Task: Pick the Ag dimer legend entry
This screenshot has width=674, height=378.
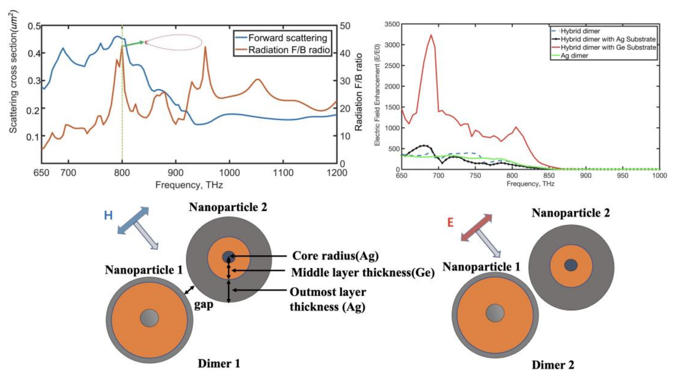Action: click(574, 56)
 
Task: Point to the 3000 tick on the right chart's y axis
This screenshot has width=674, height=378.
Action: click(392, 45)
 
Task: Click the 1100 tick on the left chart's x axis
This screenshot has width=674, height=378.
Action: click(283, 173)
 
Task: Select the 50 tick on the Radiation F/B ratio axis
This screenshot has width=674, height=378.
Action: click(345, 26)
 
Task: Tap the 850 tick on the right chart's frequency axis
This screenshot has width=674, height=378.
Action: click(549, 175)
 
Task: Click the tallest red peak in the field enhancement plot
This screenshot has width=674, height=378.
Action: click(431, 35)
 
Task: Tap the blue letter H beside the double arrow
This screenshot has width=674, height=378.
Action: click(108, 215)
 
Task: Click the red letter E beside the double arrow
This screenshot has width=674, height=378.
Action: click(450, 222)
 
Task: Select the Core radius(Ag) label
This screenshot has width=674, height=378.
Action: click(335, 256)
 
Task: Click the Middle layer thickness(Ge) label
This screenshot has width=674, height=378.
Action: click(363, 273)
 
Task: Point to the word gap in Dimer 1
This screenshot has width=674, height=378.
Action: click(204, 305)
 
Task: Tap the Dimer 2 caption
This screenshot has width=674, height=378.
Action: click(553, 365)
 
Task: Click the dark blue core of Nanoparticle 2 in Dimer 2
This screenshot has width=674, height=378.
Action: click(571, 265)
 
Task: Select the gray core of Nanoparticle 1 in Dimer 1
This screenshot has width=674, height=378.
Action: click(149, 318)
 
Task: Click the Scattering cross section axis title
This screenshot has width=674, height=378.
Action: click(13, 72)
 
